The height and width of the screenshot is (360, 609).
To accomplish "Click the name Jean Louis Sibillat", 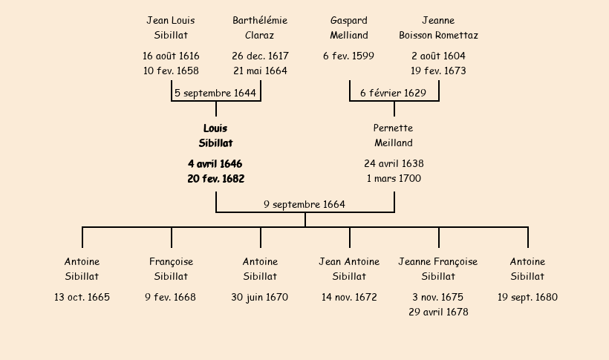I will pos(171,27).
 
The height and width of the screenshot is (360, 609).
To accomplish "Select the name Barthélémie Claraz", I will pos(260,27).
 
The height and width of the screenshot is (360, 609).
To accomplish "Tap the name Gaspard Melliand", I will pos(349,27).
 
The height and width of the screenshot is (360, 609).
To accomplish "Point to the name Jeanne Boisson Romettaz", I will pos(438,27).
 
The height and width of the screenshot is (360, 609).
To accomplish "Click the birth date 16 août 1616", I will pos(171,56).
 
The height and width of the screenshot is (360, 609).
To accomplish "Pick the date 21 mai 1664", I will pos(260,71).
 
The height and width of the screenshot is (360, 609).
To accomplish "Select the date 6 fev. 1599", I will pos(348,56).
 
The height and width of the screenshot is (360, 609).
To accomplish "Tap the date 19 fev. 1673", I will pos(438,71).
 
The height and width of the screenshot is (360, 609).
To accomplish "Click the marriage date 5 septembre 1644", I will pos(215,93).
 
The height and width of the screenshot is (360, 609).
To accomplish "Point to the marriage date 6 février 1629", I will pos(394,93).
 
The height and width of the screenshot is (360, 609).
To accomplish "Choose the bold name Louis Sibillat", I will pos(215,136).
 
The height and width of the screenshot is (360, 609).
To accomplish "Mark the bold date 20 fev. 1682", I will pos(215,179).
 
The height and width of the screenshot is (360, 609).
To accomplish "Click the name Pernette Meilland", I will pos(394,136).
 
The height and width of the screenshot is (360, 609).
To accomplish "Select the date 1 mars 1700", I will pos(394,179).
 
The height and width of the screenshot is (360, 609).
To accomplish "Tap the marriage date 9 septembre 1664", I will pos(304,204).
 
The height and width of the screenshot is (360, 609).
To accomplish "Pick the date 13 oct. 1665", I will pos(82,298).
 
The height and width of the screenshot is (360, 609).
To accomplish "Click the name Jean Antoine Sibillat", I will pos(349,269).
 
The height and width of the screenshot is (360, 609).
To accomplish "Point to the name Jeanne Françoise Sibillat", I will pos(438,269).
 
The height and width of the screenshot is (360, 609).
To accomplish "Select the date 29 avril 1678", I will pos(438,312).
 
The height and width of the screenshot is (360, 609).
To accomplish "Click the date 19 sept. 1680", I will pos(527,298).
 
